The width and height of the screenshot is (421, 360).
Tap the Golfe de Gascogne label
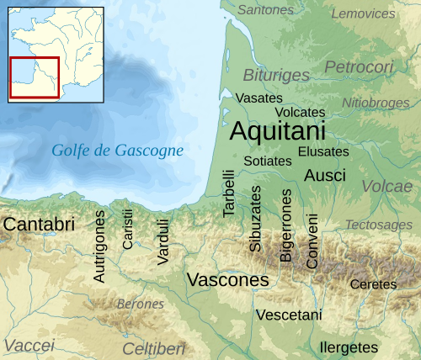[x=117, y=151]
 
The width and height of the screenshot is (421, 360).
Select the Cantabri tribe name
[x=39, y=225]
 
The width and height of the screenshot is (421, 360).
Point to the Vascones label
[x=227, y=279]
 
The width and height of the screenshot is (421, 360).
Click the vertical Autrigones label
[x=100, y=246]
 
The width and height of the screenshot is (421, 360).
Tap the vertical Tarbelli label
[x=229, y=194]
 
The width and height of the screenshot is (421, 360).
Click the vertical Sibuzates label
[x=256, y=219]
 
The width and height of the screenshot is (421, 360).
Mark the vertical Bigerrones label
[x=286, y=225]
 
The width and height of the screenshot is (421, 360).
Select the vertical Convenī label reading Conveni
[x=312, y=241]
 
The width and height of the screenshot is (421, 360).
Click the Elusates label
[x=323, y=152]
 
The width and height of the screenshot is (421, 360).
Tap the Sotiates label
[x=267, y=161]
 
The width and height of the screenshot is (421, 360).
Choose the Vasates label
[x=258, y=98]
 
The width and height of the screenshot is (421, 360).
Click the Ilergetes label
[x=349, y=347]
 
